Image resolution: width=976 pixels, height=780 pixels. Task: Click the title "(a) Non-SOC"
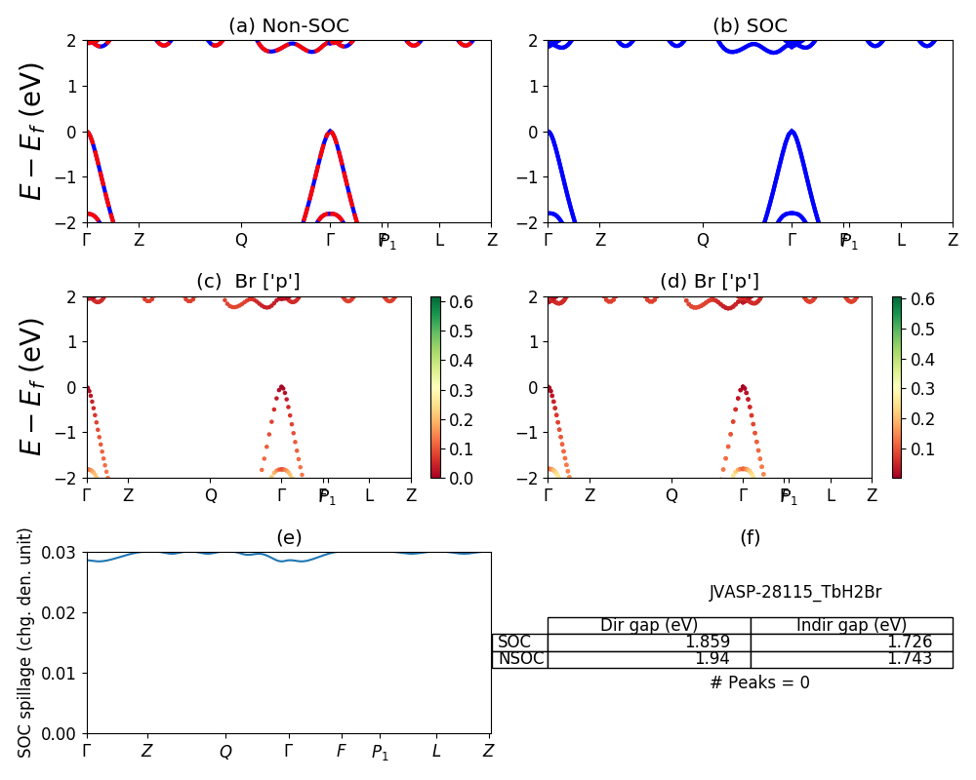288,26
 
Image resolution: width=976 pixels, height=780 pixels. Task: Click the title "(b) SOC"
750,26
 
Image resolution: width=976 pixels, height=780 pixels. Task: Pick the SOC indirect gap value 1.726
909,643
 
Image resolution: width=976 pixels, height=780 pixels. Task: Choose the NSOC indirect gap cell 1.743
909,659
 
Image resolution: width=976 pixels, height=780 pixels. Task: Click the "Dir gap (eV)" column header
648,626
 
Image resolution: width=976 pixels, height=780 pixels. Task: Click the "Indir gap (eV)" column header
851,626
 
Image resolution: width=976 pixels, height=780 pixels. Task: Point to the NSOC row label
520,659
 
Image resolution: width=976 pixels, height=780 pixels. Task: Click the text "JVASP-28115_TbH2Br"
794,592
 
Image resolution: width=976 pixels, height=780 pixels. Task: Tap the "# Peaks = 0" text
759,682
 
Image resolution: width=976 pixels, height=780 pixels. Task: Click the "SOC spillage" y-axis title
26,642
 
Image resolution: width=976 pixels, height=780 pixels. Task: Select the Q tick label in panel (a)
241,239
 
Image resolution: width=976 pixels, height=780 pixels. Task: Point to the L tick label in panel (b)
901,239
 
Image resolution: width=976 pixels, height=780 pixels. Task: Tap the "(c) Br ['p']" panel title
248,282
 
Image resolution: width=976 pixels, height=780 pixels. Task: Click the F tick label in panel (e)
341,751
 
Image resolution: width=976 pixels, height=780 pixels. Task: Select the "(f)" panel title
750,537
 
